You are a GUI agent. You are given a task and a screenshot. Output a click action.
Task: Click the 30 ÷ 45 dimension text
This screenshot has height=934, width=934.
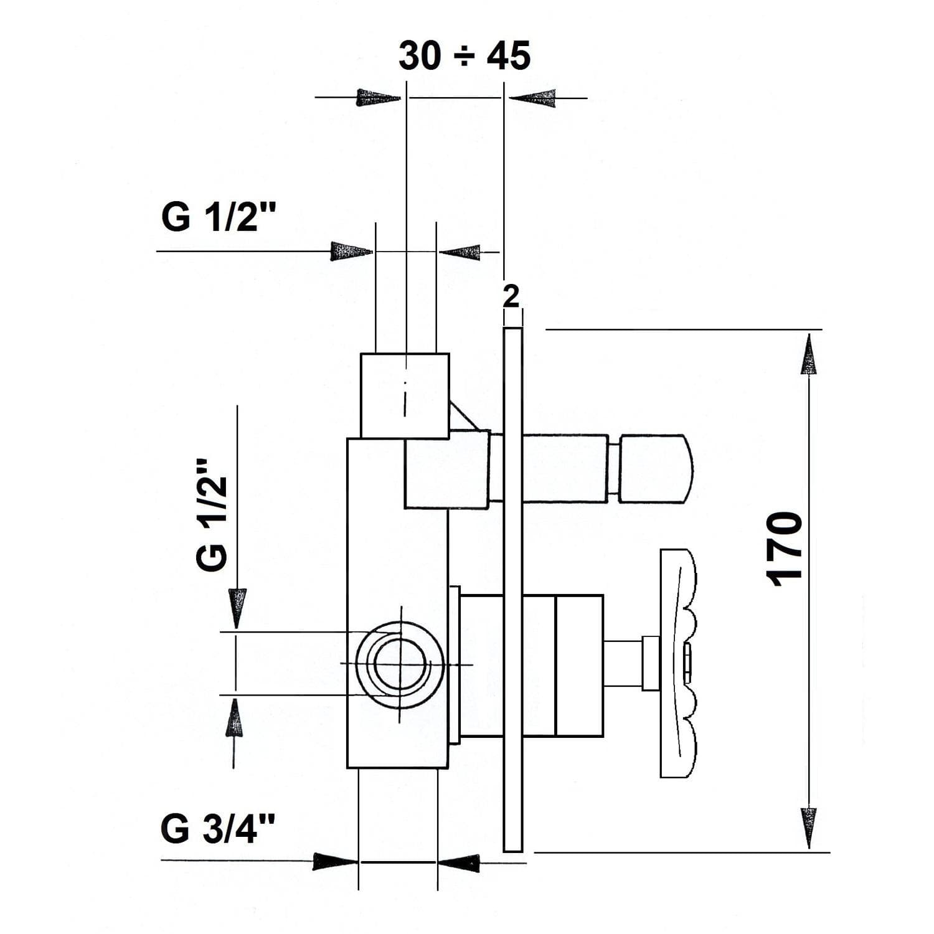click(x=465, y=55)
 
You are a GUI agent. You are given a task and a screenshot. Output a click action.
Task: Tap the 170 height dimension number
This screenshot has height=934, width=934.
click(x=783, y=549)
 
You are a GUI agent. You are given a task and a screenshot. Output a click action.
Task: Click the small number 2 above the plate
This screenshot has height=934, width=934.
click(x=511, y=296)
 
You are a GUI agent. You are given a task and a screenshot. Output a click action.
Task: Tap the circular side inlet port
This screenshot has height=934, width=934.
click(x=400, y=664)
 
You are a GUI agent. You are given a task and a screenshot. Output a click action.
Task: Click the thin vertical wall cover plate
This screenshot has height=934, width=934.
click(x=512, y=589)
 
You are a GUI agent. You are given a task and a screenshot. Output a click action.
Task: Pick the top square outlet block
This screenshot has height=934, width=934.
click(x=405, y=395)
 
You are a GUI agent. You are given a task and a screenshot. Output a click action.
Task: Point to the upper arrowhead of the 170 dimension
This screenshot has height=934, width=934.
click(x=808, y=354)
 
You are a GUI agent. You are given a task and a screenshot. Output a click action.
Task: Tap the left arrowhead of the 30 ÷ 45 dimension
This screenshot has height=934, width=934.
click(x=379, y=98)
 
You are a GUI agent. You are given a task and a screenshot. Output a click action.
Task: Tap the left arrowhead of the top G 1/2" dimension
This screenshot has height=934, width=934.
click(x=351, y=252)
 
